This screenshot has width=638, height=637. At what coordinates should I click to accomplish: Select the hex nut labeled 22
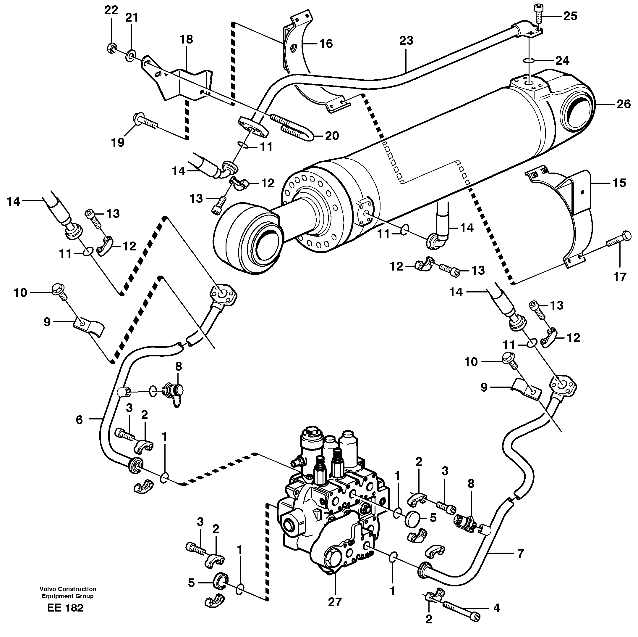111,49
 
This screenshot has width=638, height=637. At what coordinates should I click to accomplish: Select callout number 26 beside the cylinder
624,104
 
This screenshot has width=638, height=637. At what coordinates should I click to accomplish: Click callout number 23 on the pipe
406,41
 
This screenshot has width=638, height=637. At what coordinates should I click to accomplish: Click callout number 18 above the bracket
186,39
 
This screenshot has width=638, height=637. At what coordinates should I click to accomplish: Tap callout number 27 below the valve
334,602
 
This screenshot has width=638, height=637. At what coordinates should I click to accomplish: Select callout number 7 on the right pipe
520,553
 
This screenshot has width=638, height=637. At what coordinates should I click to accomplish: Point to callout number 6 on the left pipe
79,420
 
